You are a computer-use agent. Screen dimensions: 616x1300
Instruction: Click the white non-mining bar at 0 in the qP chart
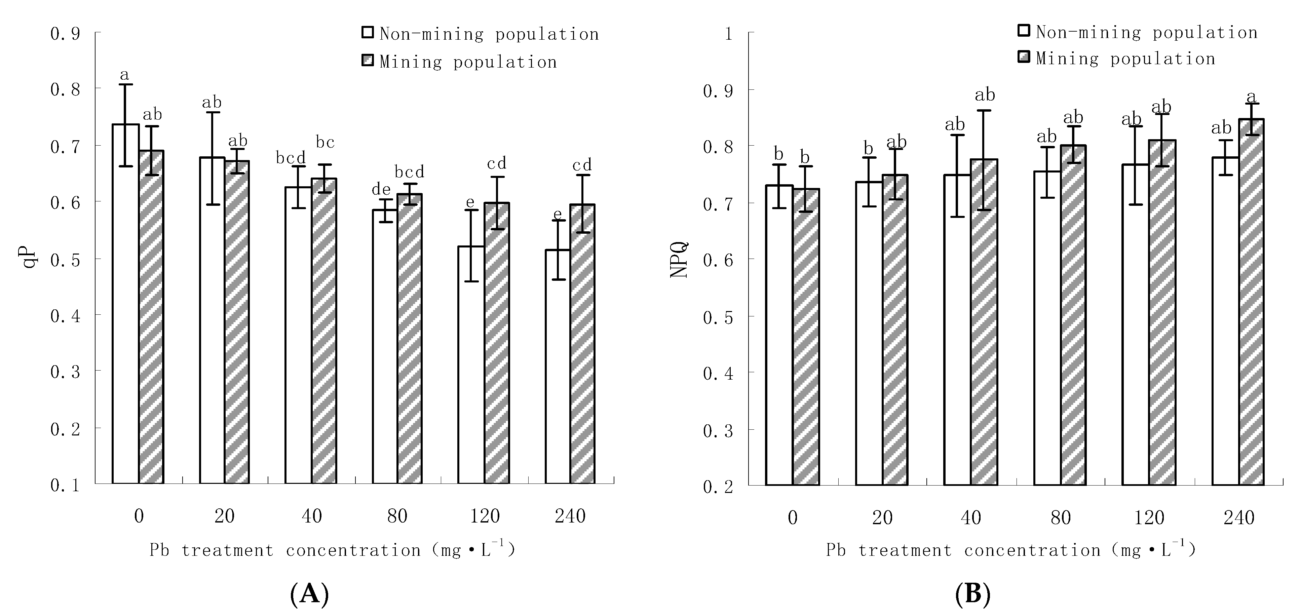click(126, 303)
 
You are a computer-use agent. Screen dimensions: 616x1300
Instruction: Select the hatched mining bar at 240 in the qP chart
click(582, 343)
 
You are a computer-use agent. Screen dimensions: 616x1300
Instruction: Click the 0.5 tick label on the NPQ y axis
click(718, 317)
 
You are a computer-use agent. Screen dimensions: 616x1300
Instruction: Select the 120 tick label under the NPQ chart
click(1149, 517)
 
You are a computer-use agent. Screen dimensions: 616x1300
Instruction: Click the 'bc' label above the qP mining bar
click(325, 142)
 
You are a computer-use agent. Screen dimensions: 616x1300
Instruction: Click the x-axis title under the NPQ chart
click(1011, 550)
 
